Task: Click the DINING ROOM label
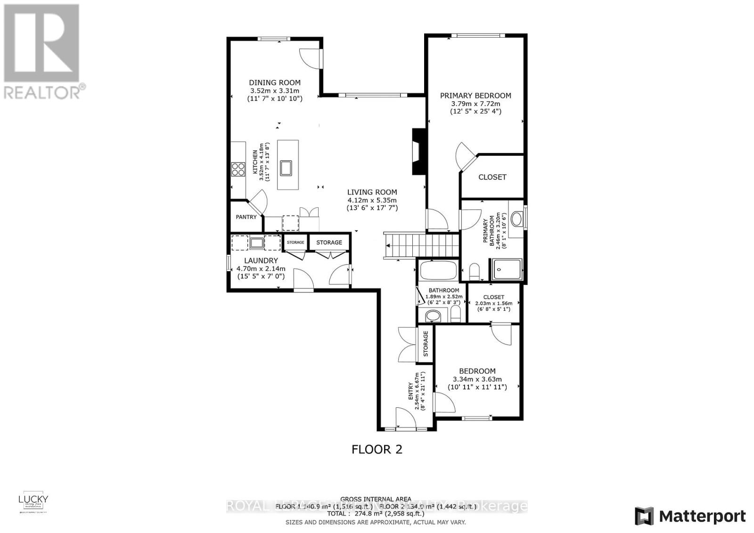(275, 83)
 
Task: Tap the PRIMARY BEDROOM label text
(475, 96)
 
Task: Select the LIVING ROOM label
(372, 192)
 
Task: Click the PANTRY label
(246, 217)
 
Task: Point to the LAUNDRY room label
(261, 260)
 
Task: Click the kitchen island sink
(286, 167)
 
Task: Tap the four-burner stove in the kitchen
(238, 169)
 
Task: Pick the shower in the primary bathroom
(507, 270)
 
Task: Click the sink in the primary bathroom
(516, 219)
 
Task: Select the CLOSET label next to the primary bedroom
(492, 177)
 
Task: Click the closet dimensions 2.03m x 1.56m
(493, 303)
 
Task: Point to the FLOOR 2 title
(377, 449)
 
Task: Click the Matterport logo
(690, 516)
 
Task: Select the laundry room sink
(257, 243)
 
